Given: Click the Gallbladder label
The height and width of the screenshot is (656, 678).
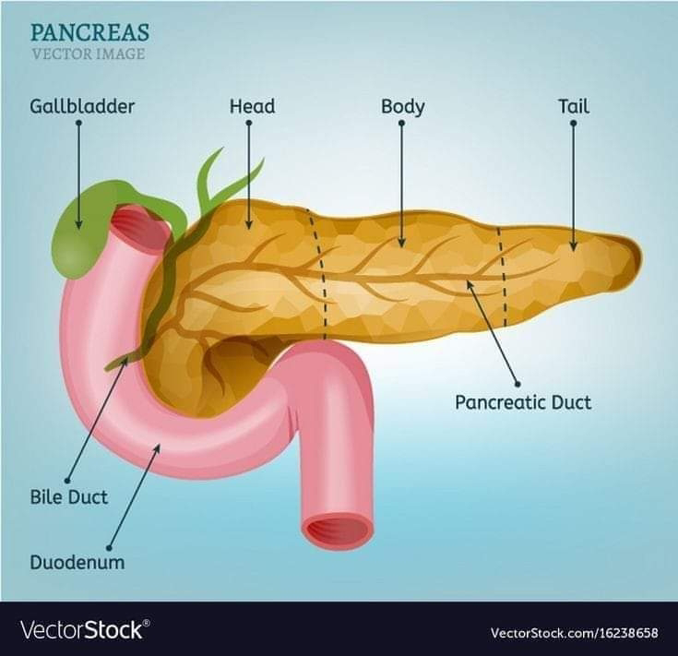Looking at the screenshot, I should [x=82, y=107].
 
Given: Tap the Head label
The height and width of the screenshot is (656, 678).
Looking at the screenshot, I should [x=252, y=107].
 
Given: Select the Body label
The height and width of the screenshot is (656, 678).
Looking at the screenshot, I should [x=403, y=107].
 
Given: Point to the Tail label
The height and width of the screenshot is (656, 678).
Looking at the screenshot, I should [x=573, y=107].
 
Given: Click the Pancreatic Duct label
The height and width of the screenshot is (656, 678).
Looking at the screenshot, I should [x=523, y=402].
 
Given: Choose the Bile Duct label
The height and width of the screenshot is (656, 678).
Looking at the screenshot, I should [x=68, y=497].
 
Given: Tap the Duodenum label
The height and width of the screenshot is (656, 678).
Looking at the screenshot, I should [x=77, y=562].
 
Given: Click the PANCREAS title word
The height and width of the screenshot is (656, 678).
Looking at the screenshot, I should [x=89, y=32].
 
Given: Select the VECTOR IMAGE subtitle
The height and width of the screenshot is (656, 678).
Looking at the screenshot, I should [x=88, y=54].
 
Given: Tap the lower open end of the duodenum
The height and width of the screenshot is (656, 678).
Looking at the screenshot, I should [x=339, y=531].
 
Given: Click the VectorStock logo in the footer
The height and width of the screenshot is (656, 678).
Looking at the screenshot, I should [x=83, y=630].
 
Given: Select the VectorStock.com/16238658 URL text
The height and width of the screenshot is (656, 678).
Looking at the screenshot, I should [x=574, y=633].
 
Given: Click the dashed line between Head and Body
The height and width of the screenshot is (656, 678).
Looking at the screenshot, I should [x=318, y=268].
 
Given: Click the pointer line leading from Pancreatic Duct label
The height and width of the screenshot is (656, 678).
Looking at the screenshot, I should [x=494, y=333].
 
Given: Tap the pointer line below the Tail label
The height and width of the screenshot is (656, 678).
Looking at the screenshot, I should [x=573, y=185].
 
